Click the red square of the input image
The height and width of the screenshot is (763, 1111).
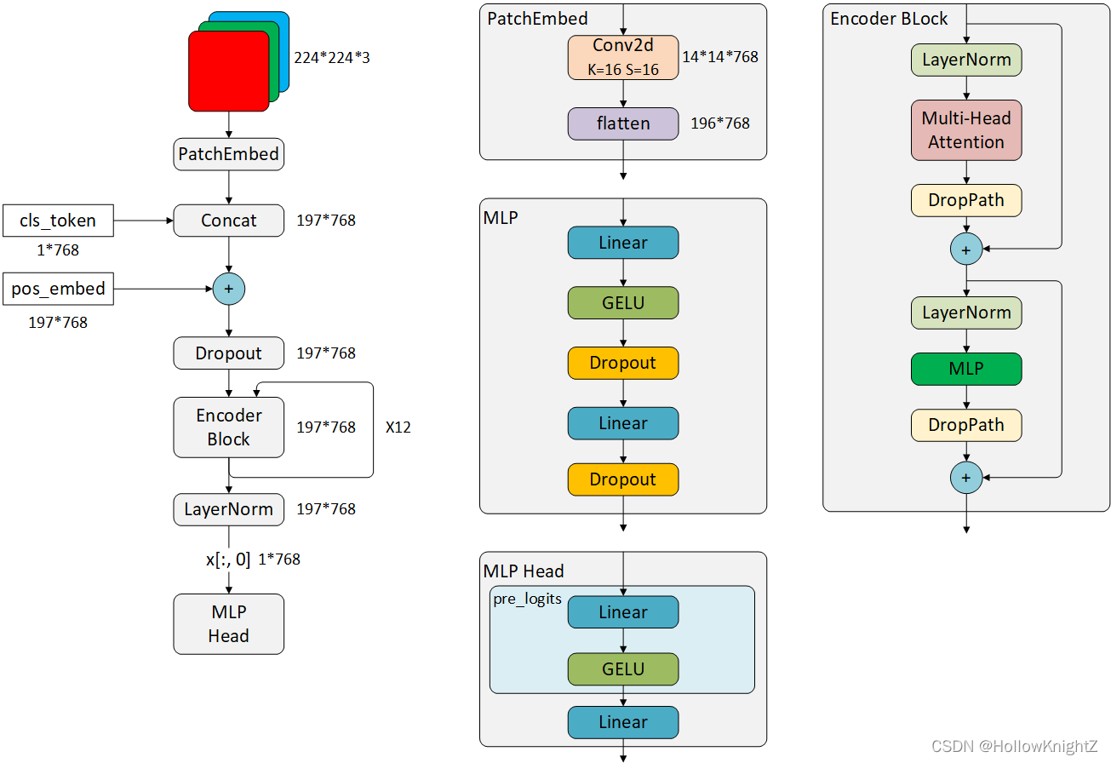point(229,71)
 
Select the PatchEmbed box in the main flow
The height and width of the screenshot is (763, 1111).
point(229,154)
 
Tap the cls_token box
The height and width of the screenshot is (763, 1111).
point(58,221)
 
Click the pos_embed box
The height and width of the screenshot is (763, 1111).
point(58,289)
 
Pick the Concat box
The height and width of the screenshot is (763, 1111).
point(229,221)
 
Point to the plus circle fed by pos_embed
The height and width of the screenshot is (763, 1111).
point(229,289)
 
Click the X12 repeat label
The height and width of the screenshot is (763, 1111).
point(398,427)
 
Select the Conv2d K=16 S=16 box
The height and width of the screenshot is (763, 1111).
point(623,58)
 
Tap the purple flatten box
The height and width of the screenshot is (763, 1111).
point(623,123)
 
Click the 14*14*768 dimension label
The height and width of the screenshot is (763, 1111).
point(720,57)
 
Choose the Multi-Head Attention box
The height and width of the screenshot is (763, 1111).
point(966,130)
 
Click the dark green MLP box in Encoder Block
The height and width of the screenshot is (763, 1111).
point(966,369)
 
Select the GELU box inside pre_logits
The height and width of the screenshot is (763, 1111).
point(623,669)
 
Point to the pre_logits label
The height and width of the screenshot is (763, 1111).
point(527,599)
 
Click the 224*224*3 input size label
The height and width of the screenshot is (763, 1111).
point(332,58)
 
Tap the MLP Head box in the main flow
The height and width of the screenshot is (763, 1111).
point(229,624)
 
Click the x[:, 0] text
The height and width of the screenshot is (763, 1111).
point(228,559)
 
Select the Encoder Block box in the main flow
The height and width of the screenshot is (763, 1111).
point(229,427)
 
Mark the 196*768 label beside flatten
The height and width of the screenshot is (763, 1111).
point(720,123)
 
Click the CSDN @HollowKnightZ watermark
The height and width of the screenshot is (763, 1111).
point(1014,746)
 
